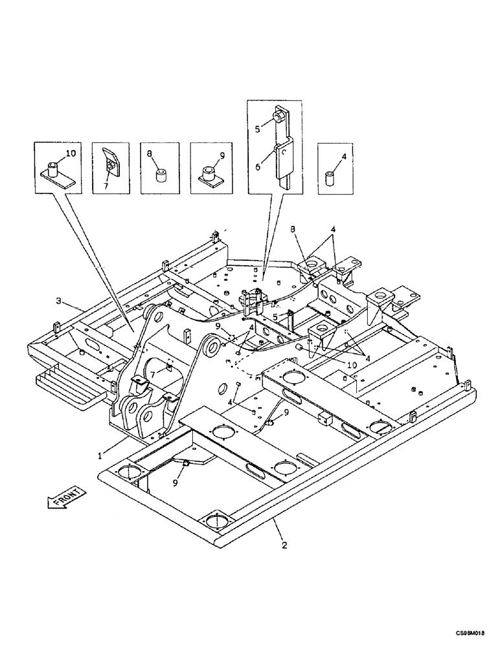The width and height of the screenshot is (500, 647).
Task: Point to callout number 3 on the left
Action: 59,301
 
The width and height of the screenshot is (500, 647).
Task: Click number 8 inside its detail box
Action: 150,155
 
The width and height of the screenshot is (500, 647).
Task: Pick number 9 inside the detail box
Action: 222,155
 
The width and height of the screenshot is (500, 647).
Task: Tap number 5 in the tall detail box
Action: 257,129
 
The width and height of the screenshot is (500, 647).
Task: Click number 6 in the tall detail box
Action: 257,166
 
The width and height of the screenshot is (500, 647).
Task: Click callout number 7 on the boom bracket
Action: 152,374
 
